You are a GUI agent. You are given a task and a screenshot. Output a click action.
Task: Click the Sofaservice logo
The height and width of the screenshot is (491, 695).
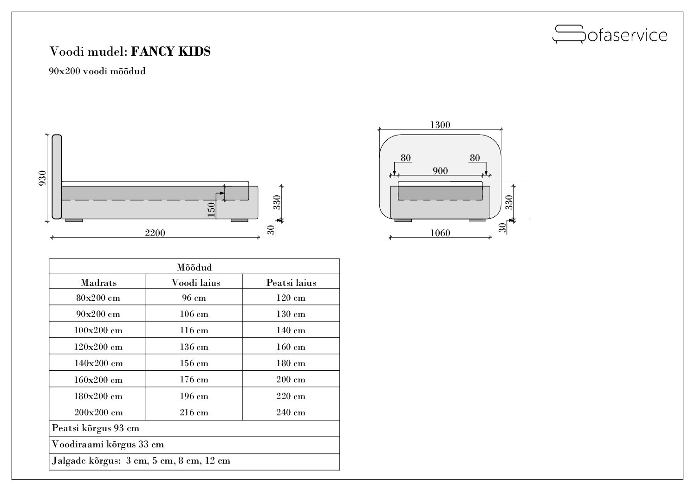[610, 34]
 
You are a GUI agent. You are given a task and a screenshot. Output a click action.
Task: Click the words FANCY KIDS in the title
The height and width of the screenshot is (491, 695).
[171, 52]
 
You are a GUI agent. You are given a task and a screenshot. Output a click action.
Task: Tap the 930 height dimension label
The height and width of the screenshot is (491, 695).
[42, 178]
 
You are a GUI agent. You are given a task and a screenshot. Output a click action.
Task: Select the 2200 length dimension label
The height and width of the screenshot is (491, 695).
[155, 233]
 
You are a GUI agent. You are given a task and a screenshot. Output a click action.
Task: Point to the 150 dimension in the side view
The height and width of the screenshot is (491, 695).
[211, 210]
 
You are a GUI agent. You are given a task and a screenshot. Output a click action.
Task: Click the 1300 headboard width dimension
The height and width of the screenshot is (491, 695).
[440, 125]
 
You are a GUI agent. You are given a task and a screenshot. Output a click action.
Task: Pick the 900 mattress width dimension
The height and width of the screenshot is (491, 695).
[440, 171]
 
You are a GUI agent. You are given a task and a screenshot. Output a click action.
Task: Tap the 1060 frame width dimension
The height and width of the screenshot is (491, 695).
[440, 233]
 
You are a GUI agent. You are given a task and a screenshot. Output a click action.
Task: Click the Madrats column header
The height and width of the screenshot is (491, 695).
[99, 283]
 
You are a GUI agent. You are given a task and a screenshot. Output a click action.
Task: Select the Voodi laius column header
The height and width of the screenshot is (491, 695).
[196, 283]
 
